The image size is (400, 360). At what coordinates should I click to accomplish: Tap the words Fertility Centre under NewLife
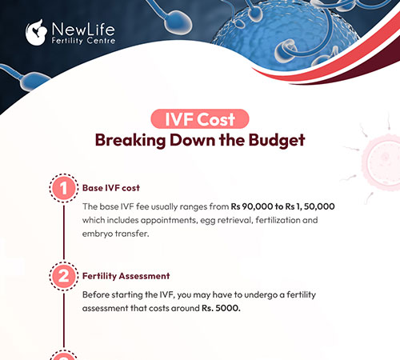coord(82,41)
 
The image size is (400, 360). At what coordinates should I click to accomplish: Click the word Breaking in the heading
coord(127,139)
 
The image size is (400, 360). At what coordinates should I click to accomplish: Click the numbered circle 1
coord(62,189)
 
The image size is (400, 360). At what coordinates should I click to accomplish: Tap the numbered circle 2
coord(62,276)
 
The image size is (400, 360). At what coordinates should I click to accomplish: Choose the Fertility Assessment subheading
coord(126,276)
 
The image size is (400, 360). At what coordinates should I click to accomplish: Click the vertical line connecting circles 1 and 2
coord(62,232)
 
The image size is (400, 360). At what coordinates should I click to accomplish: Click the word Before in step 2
coord(98,294)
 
